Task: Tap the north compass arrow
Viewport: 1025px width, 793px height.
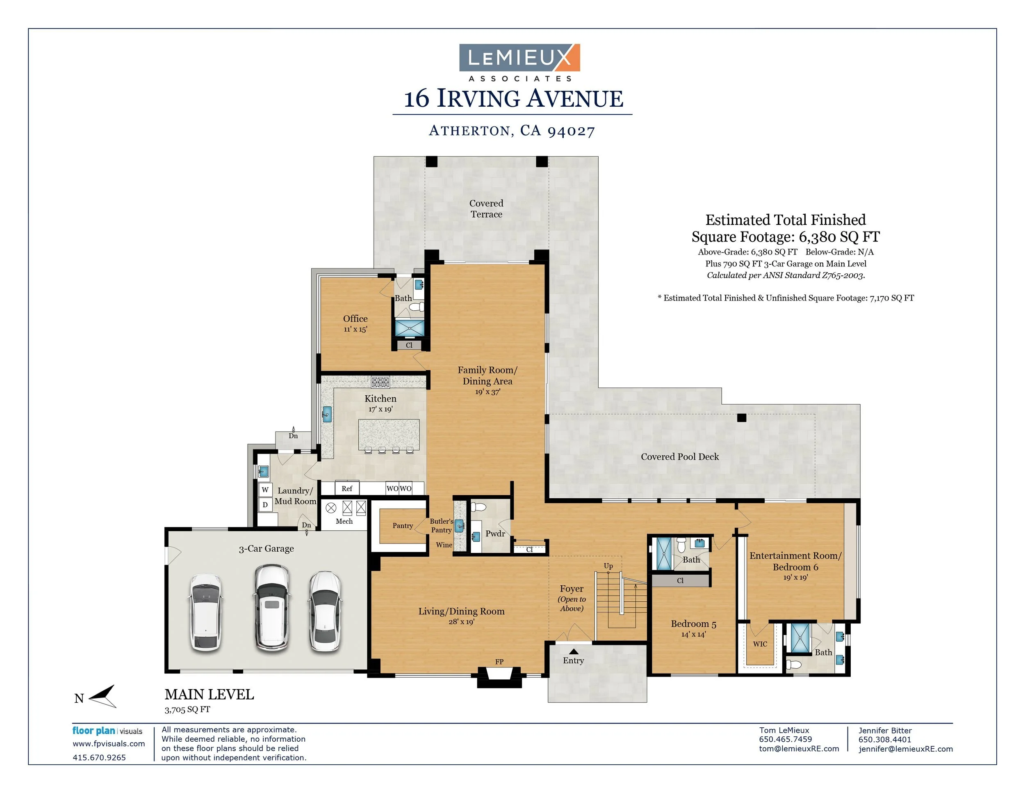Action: coord(103,696)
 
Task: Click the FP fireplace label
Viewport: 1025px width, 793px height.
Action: coord(499,662)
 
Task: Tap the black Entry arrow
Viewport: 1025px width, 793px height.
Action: coord(574,651)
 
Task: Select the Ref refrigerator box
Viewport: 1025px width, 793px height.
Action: coord(347,488)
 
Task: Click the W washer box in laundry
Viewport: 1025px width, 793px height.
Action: coord(265,490)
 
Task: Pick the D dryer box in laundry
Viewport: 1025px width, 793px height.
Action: coord(265,504)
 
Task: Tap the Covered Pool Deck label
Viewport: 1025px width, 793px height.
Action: coord(680,457)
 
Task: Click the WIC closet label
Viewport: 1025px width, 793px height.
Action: coord(760,644)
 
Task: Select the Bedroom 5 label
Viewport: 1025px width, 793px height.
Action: coord(693,624)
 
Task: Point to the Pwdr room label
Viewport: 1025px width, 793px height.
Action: coord(495,534)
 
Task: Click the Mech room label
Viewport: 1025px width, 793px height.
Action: coord(344,521)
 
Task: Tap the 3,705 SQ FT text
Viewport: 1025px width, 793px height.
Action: coord(187,709)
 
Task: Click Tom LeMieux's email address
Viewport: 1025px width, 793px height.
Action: coord(799,749)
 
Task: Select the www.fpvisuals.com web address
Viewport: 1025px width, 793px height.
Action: coord(108,744)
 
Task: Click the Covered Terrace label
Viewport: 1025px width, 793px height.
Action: coord(486,209)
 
